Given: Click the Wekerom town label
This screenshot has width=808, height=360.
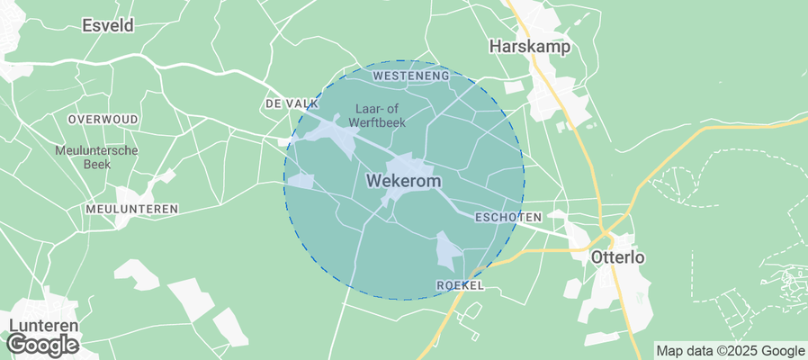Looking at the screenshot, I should tap(404, 181).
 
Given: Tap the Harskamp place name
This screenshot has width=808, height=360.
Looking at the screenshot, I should tap(531, 46).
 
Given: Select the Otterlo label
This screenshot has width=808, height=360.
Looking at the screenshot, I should tap(617, 257).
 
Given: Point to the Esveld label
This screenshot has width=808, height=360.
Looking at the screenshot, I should tap(107, 25).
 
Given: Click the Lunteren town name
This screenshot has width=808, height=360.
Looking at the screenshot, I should tap(44, 326).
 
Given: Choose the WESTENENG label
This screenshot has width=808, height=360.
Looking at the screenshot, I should tap(410, 76).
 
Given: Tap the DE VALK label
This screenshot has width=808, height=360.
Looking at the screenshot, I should tap(290, 104).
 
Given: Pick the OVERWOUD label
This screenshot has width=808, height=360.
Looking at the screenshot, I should tap(103, 119).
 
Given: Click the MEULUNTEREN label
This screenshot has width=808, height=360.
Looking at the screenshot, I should tap(131, 209).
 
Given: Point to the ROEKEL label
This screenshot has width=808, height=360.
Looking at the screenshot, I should tap(460, 285).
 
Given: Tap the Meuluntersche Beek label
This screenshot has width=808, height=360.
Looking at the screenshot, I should tap(95, 157).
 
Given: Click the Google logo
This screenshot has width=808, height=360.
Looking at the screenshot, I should tap(41, 345).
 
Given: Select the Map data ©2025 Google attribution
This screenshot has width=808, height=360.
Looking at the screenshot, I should tap(730, 351).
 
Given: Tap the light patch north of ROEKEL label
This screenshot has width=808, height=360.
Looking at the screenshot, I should tap(447, 249).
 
